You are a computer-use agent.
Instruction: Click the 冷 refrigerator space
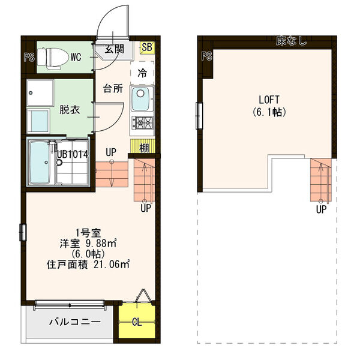[x=142, y=73]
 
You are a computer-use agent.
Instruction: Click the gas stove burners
[x=143, y=124]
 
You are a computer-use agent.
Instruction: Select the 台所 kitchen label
[x=113, y=89]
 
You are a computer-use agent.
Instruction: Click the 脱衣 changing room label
[x=68, y=110]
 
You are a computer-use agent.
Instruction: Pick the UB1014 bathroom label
[x=73, y=154]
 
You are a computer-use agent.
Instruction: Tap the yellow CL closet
[x=137, y=322]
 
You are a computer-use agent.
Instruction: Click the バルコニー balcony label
[x=74, y=322]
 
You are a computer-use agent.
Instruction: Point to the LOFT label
[x=268, y=100]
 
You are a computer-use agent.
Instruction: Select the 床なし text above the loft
[x=292, y=41]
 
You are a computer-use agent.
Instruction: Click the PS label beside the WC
[x=28, y=58]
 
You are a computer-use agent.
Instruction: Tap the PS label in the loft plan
[x=207, y=58]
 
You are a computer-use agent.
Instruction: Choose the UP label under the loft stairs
[x=322, y=209]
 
